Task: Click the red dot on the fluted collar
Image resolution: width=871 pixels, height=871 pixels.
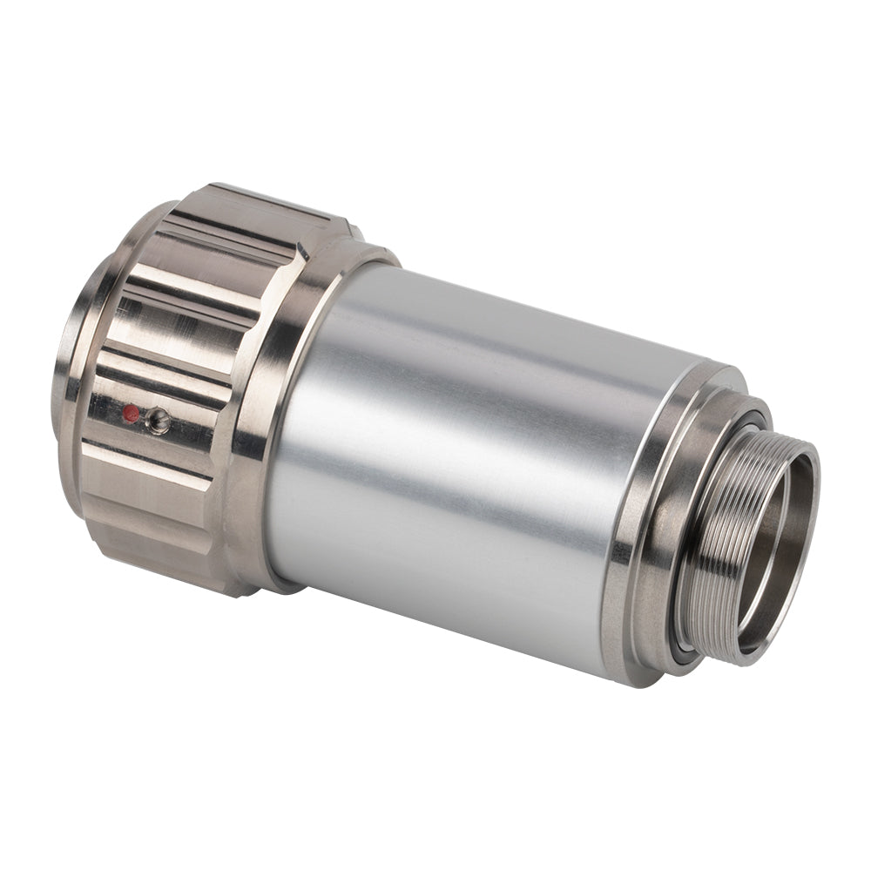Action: (x=131, y=413)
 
